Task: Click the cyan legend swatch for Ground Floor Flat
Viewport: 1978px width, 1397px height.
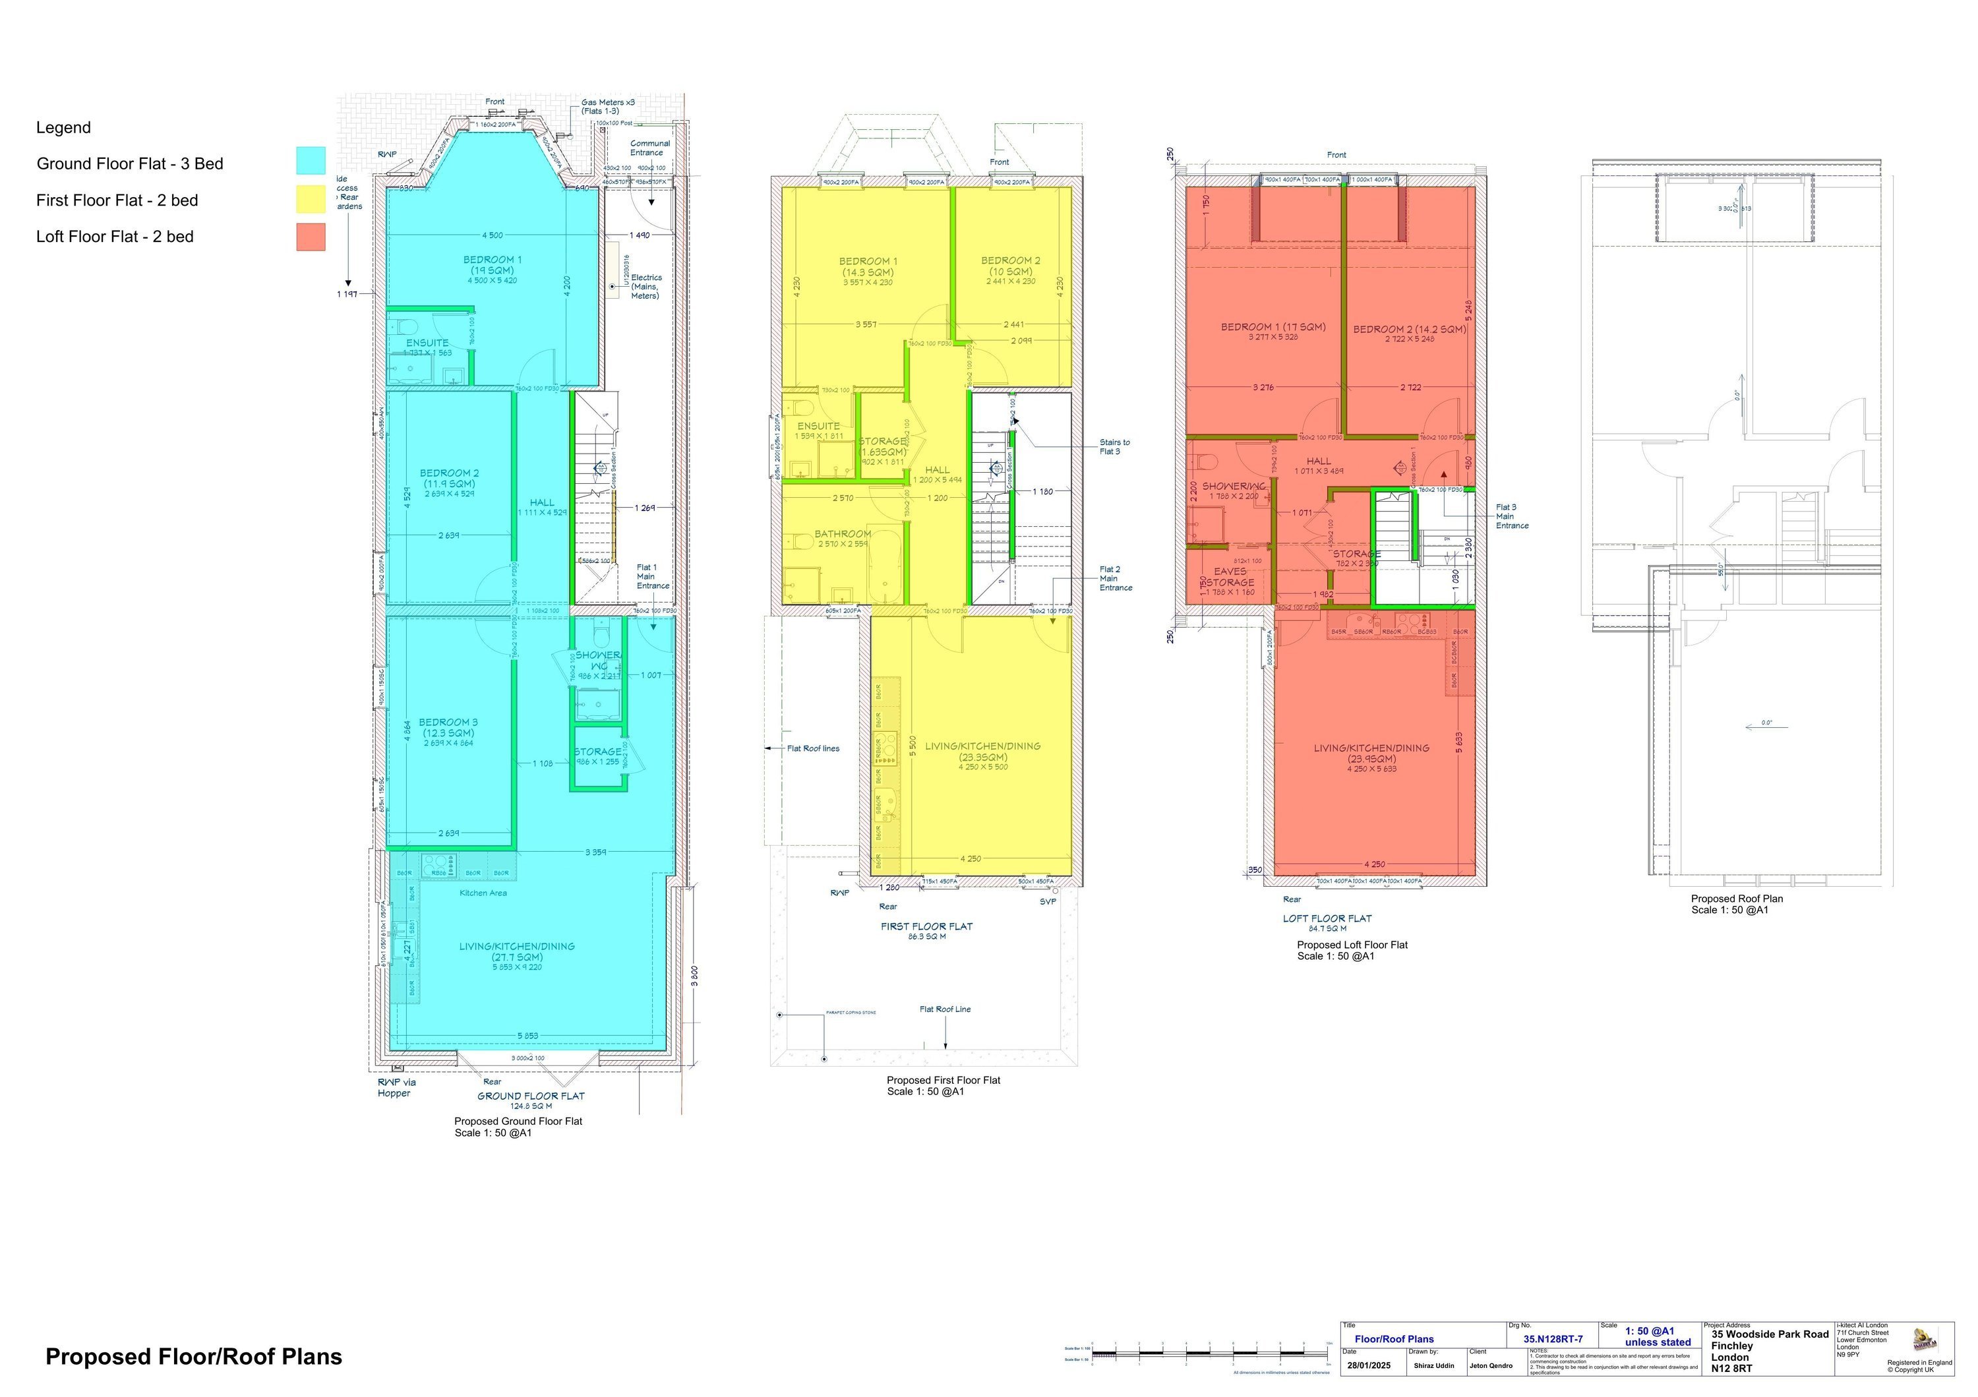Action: point(311,161)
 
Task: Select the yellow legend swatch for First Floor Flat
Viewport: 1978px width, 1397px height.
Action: point(311,199)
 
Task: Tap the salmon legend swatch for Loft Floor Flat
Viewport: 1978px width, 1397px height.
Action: point(311,237)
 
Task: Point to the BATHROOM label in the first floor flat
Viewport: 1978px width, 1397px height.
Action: point(843,534)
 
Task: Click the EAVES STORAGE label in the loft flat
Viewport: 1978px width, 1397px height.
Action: point(1230,577)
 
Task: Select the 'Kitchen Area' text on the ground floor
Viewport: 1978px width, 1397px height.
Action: point(483,893)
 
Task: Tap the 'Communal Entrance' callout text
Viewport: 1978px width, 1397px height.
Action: point(649,148)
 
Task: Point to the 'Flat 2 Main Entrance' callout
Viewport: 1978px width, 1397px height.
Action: point(1115,579)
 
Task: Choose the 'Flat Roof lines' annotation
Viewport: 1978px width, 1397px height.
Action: point(812,748)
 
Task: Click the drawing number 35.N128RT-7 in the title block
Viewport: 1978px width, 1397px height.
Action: point(1553,1339)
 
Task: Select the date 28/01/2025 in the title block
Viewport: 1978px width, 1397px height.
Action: point(1369,1366)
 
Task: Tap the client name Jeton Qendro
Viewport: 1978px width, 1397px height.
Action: point(1490,1366)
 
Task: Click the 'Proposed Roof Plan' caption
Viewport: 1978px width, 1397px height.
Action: point(1737,899)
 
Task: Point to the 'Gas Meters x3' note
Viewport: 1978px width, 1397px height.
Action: point(607,102)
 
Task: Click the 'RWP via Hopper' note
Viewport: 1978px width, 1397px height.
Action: point(396,1088)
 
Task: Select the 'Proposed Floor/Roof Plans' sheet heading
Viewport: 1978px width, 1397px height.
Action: point(194,1357)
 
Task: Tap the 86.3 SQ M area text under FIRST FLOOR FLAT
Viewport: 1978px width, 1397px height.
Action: point(926,936)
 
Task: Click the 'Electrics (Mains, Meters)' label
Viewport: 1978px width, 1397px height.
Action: point(645,287)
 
